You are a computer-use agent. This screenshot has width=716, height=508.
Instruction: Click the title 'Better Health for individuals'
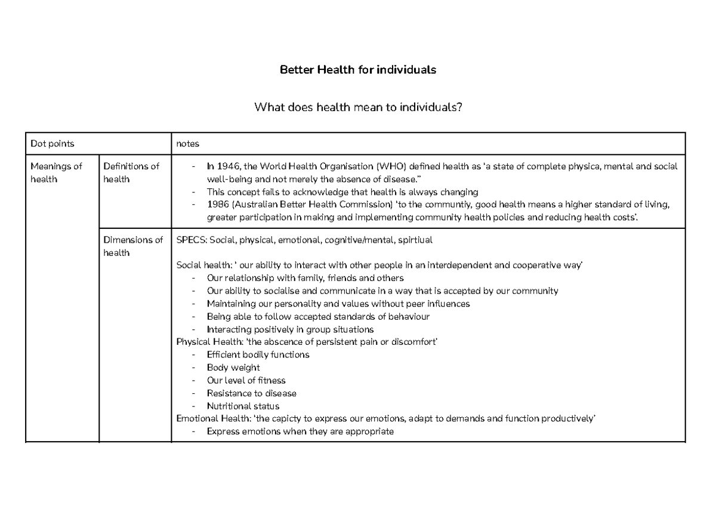358,70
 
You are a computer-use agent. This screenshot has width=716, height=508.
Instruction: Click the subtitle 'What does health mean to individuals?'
358,108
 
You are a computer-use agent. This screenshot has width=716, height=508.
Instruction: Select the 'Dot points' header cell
53,143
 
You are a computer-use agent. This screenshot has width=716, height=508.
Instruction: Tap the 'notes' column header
188,143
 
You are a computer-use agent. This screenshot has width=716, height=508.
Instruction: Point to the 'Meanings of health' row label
56,173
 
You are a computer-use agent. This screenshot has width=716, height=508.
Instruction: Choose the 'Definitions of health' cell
131,173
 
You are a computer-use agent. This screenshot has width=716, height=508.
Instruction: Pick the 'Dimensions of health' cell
133,246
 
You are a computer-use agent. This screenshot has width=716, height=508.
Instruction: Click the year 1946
229,167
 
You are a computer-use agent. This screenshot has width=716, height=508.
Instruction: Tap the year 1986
218,205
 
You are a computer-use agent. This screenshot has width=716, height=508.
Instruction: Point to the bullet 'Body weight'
233,368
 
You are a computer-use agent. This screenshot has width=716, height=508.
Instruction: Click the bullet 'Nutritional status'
243,406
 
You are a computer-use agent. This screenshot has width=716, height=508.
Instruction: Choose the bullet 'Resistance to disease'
251,393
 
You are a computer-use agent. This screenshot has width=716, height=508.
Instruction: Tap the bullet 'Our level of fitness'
246,380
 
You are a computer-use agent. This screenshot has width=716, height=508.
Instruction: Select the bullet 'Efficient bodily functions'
258,354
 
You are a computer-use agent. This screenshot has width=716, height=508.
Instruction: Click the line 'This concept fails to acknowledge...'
342,192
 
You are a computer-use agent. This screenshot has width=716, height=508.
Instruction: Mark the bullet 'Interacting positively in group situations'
290,329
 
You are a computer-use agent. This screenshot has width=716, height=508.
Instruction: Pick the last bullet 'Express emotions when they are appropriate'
300,432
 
